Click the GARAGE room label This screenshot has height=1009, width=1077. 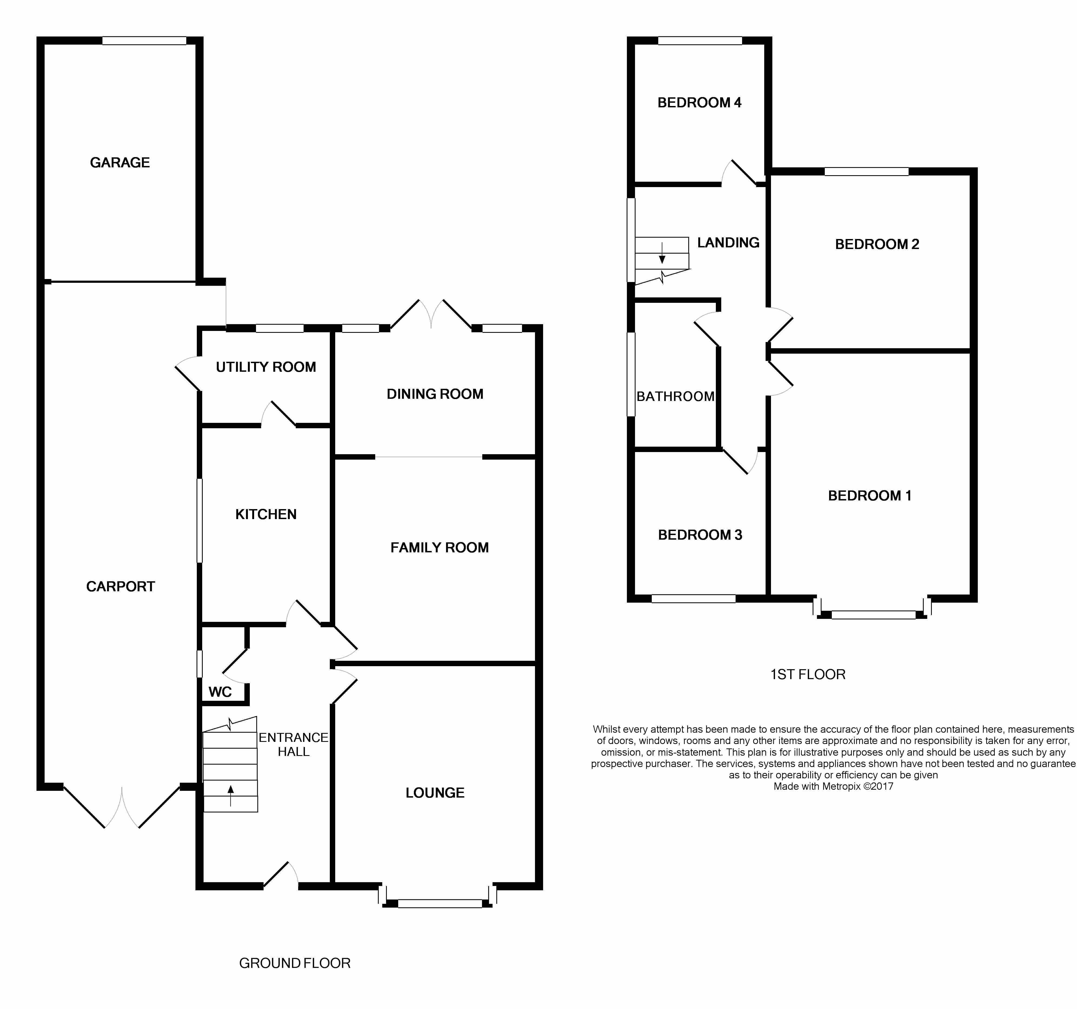point(120,162)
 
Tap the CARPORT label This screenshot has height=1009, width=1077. point(120,586)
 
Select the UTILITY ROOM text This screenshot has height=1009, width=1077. point(265,367)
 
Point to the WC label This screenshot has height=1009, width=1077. point(220,692)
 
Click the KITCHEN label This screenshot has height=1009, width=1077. point(265,514)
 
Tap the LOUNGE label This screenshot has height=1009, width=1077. point(435,793)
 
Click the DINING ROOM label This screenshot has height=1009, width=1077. point(435,394)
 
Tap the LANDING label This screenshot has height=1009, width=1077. point(728,243)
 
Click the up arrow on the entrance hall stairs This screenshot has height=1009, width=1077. point(231,795)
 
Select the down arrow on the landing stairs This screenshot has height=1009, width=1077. point(662,253)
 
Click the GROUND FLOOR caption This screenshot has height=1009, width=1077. point(295,963)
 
